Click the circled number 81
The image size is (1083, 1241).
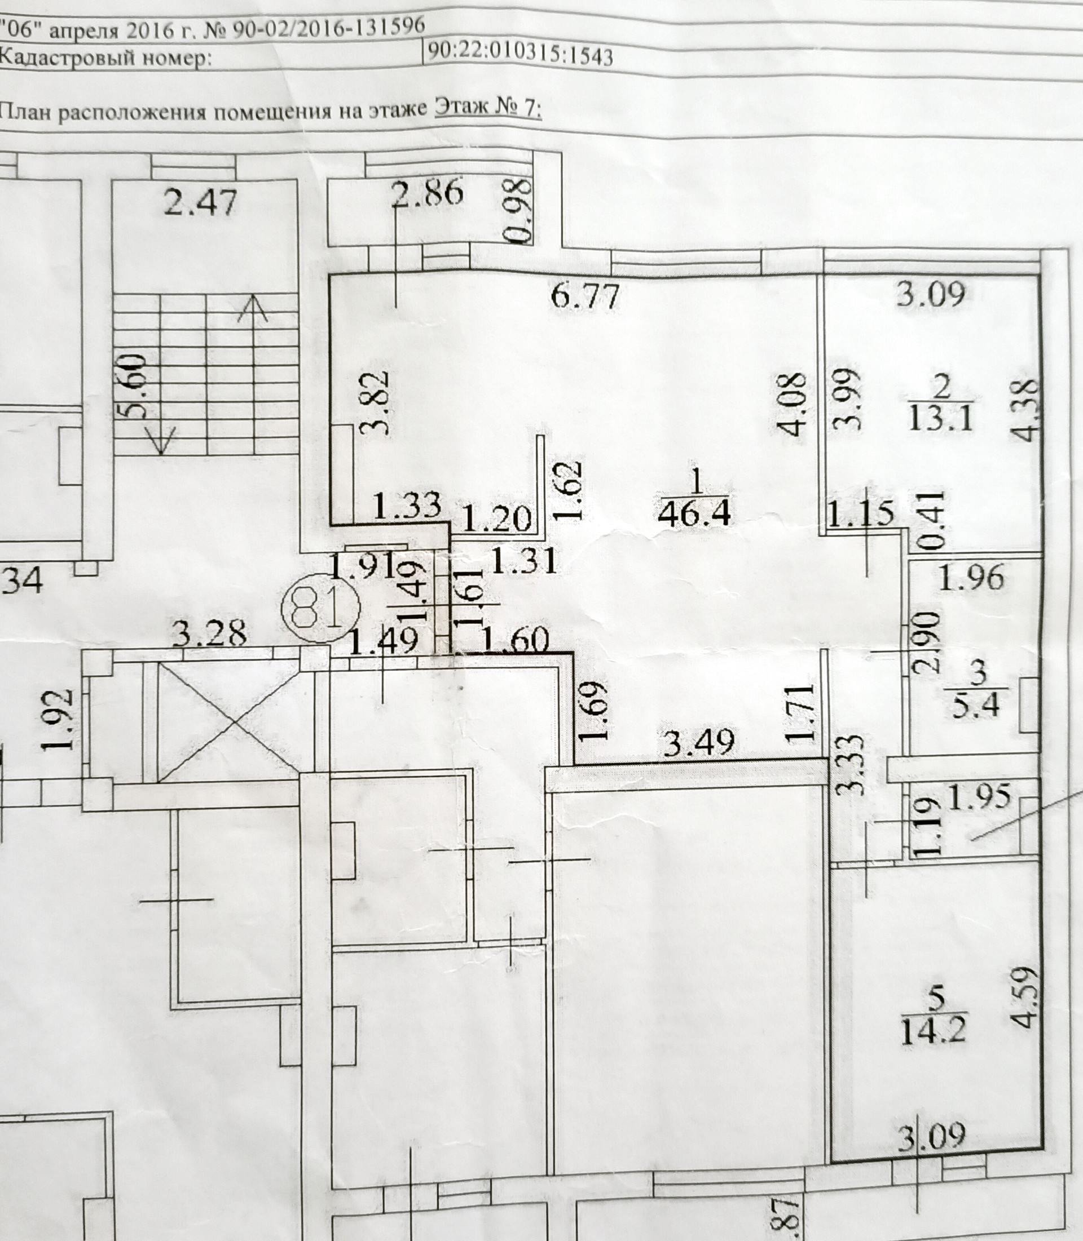point(321,606)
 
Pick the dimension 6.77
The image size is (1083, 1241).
point(585,296)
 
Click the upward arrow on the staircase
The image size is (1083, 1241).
point(253,311)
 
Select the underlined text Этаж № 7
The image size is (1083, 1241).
point(488,109)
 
